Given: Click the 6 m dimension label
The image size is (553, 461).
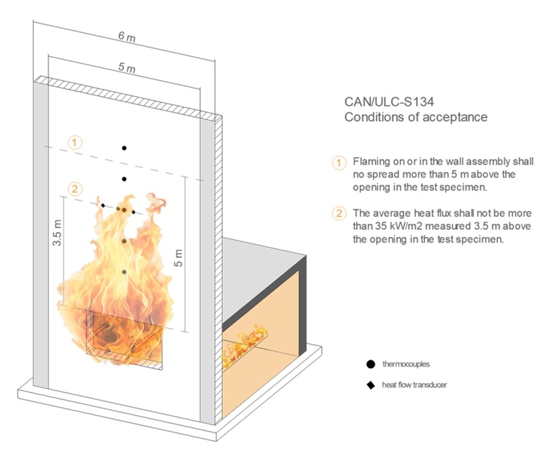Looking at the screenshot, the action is click(127, 36).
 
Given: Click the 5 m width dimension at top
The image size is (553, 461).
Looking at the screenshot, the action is click(127, 67).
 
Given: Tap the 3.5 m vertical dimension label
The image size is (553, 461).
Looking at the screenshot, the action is click(58, 232).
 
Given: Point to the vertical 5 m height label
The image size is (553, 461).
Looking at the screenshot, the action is click(179, 258).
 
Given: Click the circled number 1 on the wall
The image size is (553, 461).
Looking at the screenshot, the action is click(75, 143).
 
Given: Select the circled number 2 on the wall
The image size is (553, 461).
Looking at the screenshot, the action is click(75, 189).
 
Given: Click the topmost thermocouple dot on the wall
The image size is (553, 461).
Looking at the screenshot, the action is click(124, 148).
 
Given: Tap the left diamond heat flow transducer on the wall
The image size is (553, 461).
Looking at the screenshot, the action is click(103, 206).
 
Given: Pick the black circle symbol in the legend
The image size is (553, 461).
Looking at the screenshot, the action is click(371, 364).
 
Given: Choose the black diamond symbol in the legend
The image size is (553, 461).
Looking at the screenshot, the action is click(371, 385).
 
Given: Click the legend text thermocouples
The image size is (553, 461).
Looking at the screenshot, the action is click(406, 364).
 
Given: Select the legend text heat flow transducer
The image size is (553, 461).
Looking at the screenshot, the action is click(414, 384).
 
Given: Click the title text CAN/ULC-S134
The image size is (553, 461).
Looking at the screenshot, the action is click(389, 102).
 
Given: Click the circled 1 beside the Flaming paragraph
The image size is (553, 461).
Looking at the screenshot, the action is click(339, 163).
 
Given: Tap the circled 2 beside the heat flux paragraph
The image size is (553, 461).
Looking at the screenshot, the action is click(339, 213).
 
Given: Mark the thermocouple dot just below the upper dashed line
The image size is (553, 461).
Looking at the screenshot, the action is click(124, 179).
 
